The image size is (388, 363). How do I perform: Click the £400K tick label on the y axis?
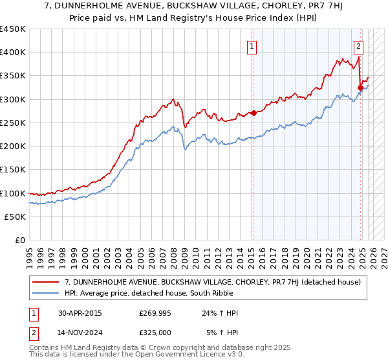(13, 53)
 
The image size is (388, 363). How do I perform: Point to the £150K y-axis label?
(13, 170)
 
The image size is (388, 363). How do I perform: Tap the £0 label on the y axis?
(21, 240)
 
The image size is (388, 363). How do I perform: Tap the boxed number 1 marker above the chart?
(252, 46)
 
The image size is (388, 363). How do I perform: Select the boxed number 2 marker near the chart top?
(358, 46)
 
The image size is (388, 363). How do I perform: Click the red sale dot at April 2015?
(253, 113)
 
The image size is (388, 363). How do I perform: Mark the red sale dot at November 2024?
(360, 88)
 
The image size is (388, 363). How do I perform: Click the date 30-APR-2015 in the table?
(80, 313)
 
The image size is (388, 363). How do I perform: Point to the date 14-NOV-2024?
(81, 332)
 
